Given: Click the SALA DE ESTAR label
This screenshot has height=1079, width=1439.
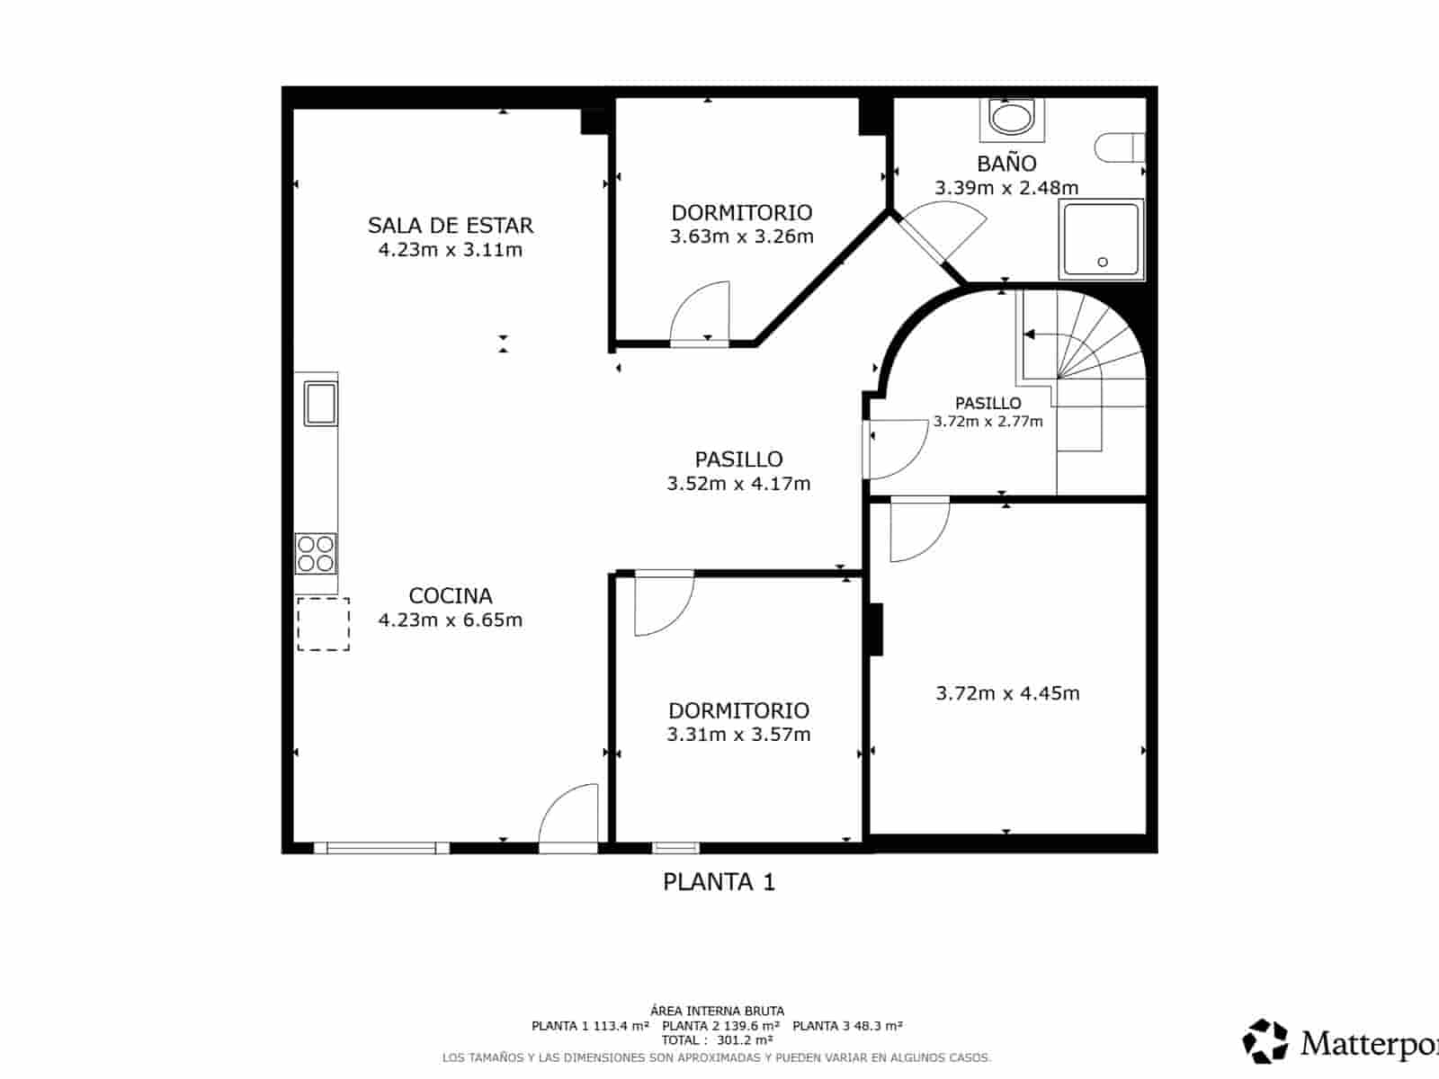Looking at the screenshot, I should [x=450, y=225].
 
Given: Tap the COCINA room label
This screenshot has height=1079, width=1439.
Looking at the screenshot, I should [x=450, y=595].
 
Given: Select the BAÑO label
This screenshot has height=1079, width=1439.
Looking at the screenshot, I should [x=1006, y=164].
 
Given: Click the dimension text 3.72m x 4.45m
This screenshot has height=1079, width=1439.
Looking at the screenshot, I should [x=1007, y=693].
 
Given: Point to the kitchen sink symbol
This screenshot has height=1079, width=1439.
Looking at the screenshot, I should [x=320, y=402].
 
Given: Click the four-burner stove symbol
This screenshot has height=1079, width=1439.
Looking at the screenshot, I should [x=316, y=553].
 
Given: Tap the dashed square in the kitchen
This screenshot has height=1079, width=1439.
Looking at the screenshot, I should [x=324, y=624].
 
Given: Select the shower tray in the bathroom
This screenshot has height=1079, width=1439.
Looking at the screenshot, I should [x=1102, y=239].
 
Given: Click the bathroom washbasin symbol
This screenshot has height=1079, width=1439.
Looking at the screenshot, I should [x=1013, y=118].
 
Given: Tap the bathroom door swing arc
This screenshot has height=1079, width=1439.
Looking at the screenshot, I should [x=949, y=229].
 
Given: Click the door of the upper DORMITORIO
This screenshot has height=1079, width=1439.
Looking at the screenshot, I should [x=701, y=315].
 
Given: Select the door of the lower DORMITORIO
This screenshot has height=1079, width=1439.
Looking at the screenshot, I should [x=663, y=602].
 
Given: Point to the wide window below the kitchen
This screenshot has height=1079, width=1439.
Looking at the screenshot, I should [x=381, y=848].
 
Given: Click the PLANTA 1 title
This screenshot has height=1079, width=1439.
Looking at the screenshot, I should [x=719, y=882].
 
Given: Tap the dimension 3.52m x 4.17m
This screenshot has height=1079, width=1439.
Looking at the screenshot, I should [x=738, y=484].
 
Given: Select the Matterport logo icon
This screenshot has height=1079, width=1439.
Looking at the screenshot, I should [x=1265, y=1041].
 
